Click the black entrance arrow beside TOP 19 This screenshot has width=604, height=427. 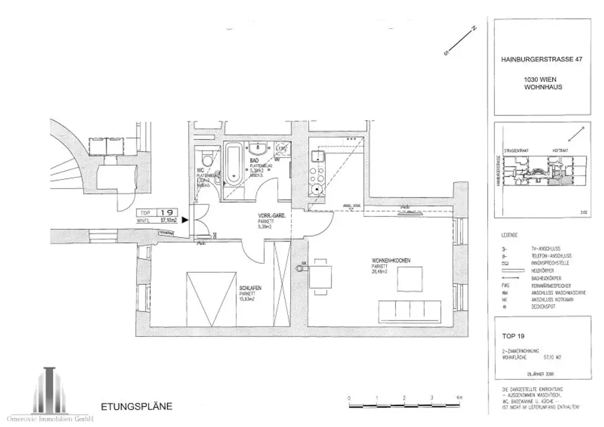click(x=185, y=220)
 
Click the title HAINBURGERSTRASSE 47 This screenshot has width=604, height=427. click(x=540, y=59)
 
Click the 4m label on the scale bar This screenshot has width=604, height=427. click(x=458, y=398)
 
